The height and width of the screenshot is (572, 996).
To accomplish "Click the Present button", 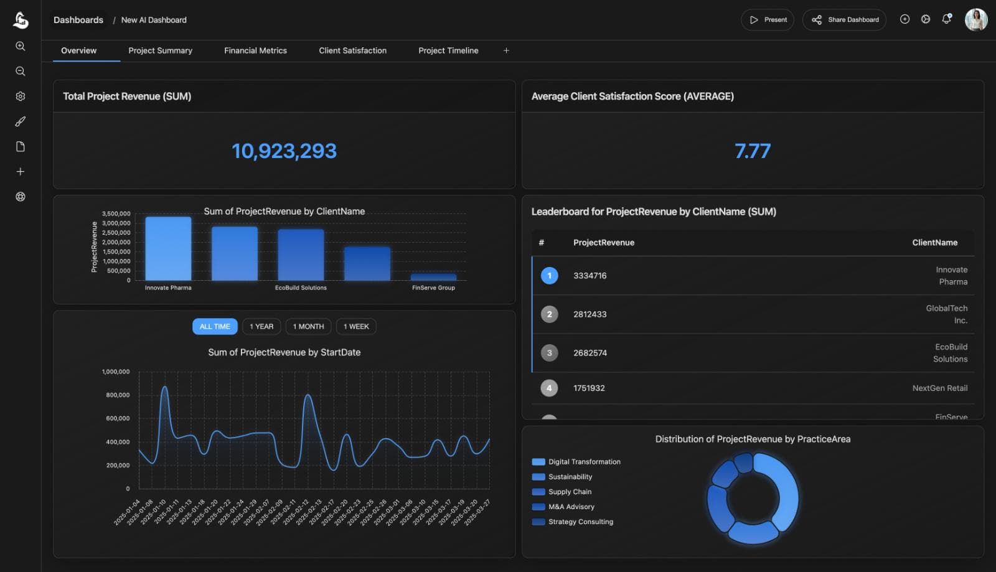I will (x=768, y=20).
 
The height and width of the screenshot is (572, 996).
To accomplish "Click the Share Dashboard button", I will (x=844, y=20).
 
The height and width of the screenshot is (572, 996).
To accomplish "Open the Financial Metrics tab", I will (x=255, y=50).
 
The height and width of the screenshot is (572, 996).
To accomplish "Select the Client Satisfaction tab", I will (x=352, y=50).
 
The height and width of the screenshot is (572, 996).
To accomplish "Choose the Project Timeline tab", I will (x=448, y=50).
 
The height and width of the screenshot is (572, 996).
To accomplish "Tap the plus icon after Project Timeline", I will (x=506, y=50).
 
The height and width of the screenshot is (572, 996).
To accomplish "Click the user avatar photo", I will (x=975, y=19).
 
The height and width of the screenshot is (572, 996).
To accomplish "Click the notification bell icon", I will (x=946, y=19).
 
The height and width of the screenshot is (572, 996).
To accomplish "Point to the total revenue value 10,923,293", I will (x=284, y=151).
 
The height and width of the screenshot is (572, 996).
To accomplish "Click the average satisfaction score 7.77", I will (x=752, y=151).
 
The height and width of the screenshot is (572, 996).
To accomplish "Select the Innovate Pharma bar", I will (x=168, y=249).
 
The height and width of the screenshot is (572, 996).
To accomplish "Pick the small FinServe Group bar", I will (x=433, y=277).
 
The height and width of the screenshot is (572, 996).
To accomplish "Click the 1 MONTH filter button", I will (x=308, y=326).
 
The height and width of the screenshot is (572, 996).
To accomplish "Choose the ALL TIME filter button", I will (x=215, y=326).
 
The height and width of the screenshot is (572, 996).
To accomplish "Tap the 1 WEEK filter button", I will (x=356, y=326).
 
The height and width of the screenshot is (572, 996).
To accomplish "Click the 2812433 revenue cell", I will (x=590, y=314).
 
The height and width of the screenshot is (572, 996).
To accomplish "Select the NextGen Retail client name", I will (x=939, y=388).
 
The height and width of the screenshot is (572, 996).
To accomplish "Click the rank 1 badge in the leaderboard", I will (x=549, y=276).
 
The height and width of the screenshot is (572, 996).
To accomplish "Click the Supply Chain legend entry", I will (x=570, y=492).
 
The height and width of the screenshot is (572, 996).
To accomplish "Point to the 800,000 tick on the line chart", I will (x=118, y=395).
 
